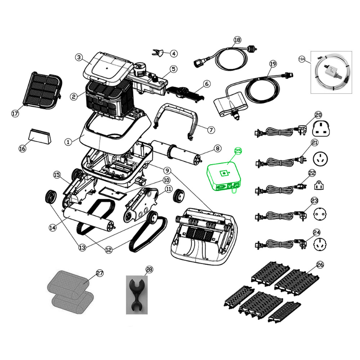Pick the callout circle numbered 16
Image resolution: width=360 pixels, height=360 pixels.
[22, 148]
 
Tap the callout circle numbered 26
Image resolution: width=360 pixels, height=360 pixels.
[320, 265]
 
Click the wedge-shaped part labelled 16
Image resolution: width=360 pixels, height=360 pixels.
[40, 136]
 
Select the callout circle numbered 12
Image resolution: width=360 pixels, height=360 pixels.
[109, 249]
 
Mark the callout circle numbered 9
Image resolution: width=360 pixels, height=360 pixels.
[168, 170]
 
